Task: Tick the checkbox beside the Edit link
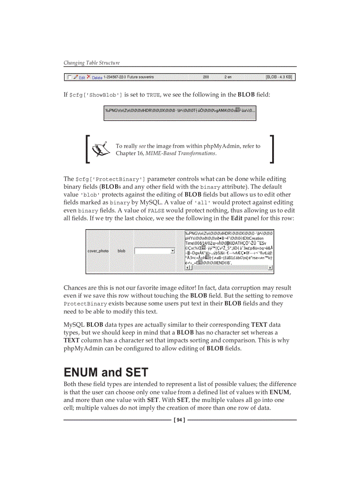pos(69,77)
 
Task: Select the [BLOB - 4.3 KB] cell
pos(278,77)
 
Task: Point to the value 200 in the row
pos(206,77)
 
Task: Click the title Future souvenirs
pos(140,77)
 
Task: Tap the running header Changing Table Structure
pos(91,63)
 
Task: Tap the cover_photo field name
pos(98,251)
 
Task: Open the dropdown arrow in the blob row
pos(172,251)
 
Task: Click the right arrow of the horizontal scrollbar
pos(270,268)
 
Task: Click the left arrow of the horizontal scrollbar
pos(187,268)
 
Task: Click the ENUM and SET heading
pos(106,372)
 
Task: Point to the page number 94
pos(180,420)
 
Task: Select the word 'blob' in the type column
pos(121,251)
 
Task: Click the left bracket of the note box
pos(88,149)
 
